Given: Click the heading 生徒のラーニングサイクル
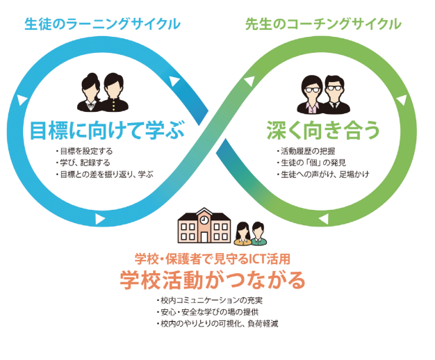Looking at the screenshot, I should coord(102,24).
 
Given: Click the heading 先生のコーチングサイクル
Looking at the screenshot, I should coord(323,24).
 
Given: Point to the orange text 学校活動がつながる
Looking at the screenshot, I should coord(213,279).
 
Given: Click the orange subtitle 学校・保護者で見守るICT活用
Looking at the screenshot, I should coord(213,258).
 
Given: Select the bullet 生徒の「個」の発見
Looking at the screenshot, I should coord(306,163).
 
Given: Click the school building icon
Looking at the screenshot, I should coord(202,227).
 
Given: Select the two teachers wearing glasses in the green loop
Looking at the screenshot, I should coord(323,94).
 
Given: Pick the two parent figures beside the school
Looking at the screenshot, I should coord(251,234).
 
